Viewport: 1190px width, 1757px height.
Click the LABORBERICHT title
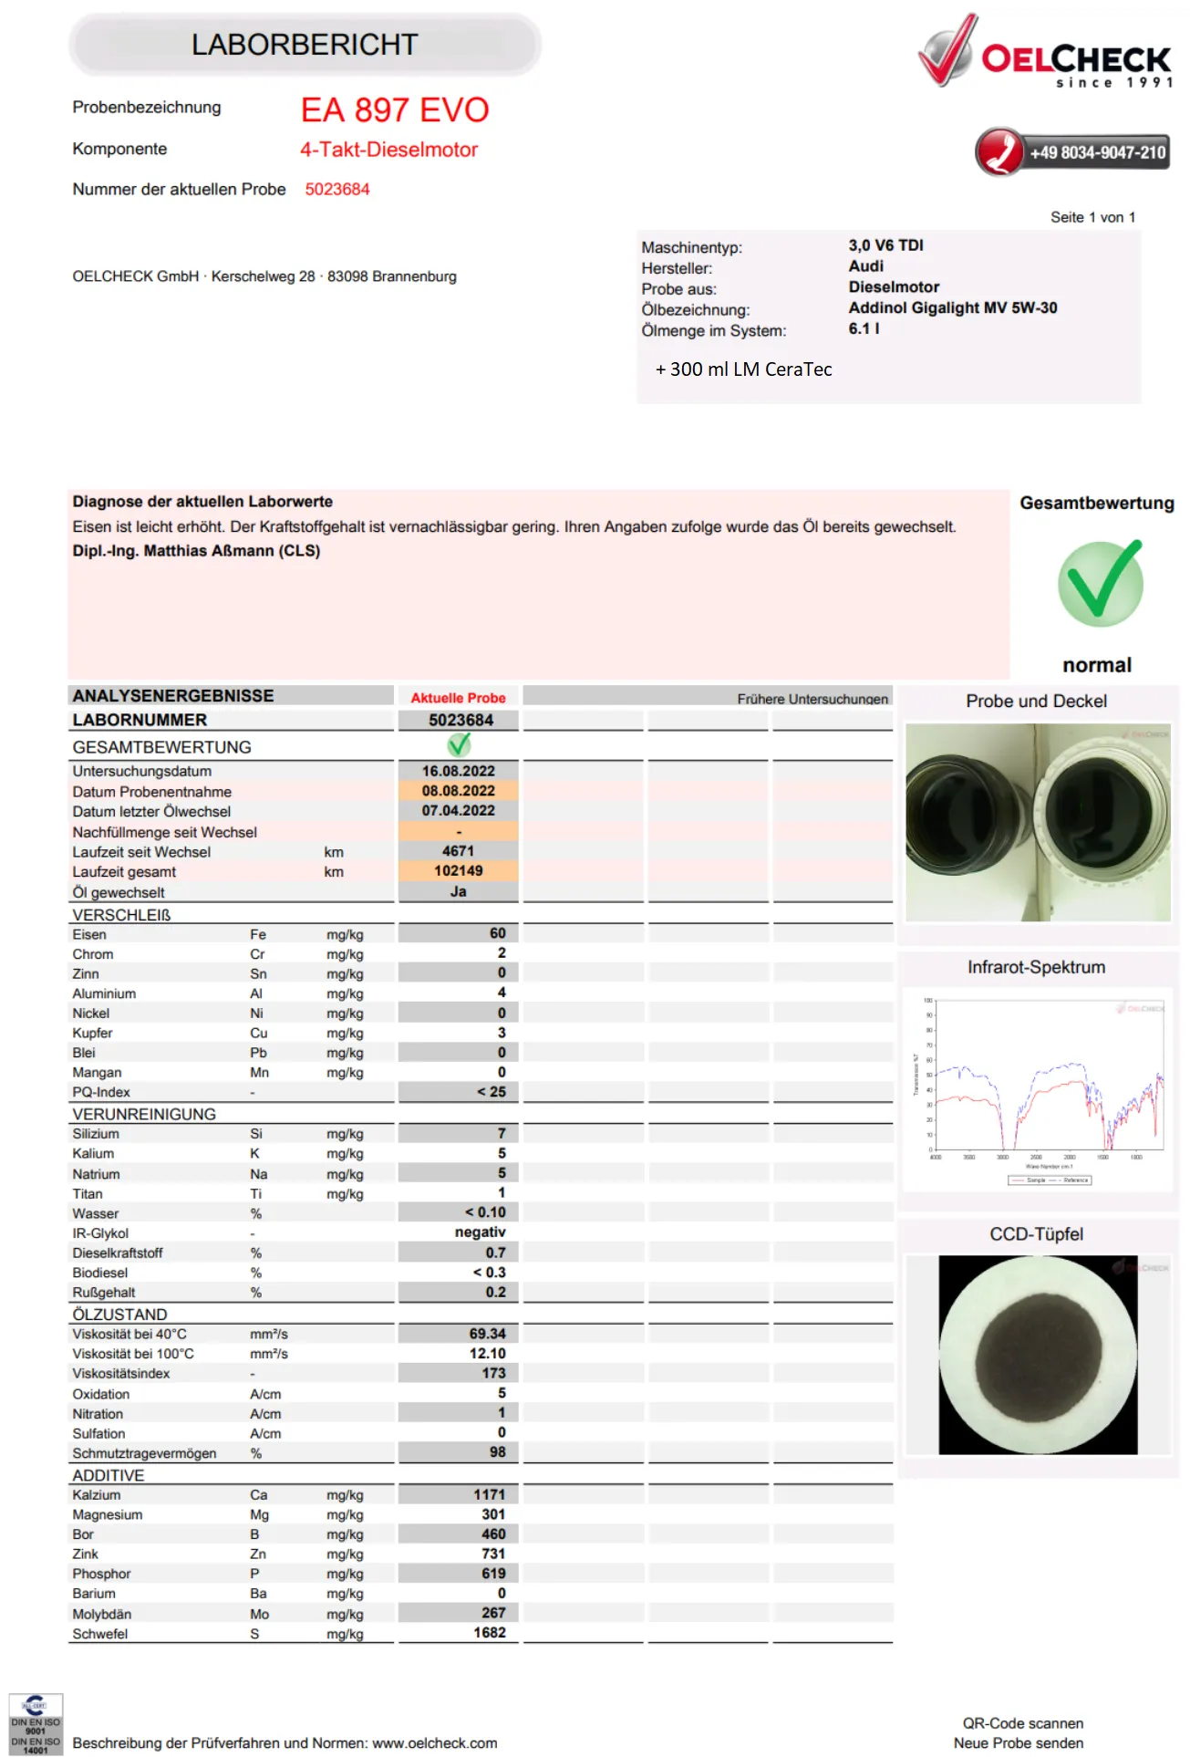tap(305, 45)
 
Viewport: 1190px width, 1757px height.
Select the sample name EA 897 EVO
tap(395, 110)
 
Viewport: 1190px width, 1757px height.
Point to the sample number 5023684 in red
tap(337, 190)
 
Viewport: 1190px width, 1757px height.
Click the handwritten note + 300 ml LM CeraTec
tap(743, 369)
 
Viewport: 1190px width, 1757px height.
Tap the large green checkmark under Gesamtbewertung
tap(1100, 583)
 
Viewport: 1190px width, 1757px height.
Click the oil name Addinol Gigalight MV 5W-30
tap(952, 308)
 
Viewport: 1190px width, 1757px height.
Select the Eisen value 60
tap(497, 933)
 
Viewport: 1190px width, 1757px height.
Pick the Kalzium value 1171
tap(489, 1494)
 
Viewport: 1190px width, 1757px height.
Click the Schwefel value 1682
tap(489, 1633)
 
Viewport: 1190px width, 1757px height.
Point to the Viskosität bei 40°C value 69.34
tap(487, 1334)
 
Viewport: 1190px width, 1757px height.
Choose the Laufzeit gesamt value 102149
tap(458, 871)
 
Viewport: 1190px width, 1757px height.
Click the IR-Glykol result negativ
tap(480, 1232)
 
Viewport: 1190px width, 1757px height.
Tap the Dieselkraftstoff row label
tap(118, 1253)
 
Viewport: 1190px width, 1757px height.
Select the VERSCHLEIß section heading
tap(121, 915)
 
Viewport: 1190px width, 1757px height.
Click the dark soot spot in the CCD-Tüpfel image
tap(1038, 1356)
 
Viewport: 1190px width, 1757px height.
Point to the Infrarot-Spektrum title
tap(1036, 967)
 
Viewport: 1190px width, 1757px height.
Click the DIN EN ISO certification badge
tap(36, 1723)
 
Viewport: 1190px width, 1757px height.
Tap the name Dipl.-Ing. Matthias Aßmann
tap(196, 551)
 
